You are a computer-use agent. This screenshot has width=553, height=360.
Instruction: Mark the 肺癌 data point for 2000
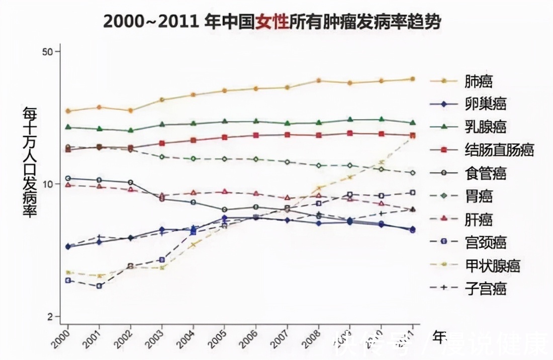[x=68, y=111]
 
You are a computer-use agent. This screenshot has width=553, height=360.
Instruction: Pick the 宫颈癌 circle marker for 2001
[x=99, y=286]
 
